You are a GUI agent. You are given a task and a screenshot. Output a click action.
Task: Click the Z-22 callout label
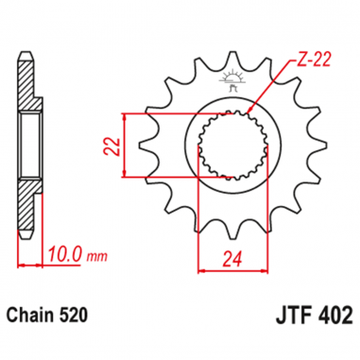point(292,59)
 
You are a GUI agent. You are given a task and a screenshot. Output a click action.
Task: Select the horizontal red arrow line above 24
point(226,270)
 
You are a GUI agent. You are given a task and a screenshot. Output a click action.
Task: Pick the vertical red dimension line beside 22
point(126,145)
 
